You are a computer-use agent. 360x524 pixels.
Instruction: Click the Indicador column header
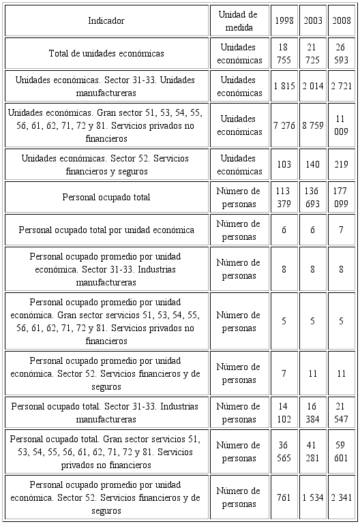(106, 20)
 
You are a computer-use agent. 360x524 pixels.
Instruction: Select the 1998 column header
(284, 20)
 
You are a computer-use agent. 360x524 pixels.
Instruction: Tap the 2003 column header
(313, 20)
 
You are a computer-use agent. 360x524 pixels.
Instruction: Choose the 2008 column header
(342, 20)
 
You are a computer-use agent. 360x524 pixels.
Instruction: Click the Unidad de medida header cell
(238, 20)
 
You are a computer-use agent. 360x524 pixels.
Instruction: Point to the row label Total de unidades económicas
(106, 53)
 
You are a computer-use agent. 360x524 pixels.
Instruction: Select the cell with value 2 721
(342, 86)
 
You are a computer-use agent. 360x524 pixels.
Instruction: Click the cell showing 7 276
(284, 125)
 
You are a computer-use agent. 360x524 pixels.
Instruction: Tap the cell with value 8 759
(313, 125)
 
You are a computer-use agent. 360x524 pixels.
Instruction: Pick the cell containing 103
(284, 164)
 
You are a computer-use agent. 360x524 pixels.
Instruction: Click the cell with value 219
(342, 164)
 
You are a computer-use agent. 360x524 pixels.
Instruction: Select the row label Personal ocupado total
(106, 197)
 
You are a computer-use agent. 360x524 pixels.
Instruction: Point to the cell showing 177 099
(342, 197)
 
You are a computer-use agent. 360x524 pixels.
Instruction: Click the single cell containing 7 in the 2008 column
(342, 230)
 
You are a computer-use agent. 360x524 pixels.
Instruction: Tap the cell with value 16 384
(313, 412)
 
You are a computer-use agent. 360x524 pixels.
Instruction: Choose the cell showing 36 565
(284, 452)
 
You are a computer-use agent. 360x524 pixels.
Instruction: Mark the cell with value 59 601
(342, 452)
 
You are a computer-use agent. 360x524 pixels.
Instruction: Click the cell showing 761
(284, 497)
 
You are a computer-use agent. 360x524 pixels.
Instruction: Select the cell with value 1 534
(313, 497)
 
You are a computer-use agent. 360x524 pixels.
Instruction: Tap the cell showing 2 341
(342, 497)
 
